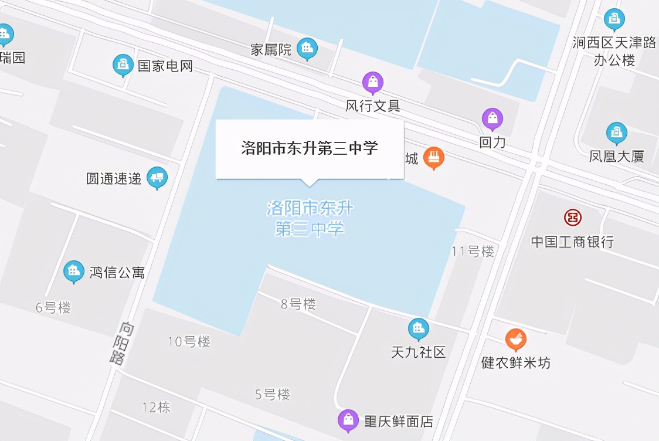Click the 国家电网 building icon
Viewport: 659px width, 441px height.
tap(123, 65)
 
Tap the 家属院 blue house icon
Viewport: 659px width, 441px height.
tap(307, 48)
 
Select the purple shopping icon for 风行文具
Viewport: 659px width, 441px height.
tap(373, 83)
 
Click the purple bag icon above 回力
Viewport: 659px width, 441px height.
tap(492, 119)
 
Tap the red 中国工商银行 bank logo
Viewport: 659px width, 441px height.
tap(573, 218)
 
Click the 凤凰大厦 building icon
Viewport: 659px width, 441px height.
tap(616, 133)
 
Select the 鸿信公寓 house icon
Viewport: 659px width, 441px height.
tap(74, 270)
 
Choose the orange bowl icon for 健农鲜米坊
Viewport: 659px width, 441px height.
tap(516, 339)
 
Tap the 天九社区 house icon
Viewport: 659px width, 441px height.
tap(419, 328)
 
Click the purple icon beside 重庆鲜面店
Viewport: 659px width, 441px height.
tap(349, 420)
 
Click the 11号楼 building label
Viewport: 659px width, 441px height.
tap(473, 251)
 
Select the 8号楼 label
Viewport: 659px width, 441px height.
tap(298, 304)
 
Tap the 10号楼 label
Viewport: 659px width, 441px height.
tap(189, 341)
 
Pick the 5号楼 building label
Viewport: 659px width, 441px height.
tap(273, 394)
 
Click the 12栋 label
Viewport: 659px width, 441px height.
tap(156, 407)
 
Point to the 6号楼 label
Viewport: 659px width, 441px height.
tap(53, 307)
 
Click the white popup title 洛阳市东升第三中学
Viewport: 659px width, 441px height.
tap(310, 148)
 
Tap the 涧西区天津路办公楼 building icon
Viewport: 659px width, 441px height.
tap(614, 19)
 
